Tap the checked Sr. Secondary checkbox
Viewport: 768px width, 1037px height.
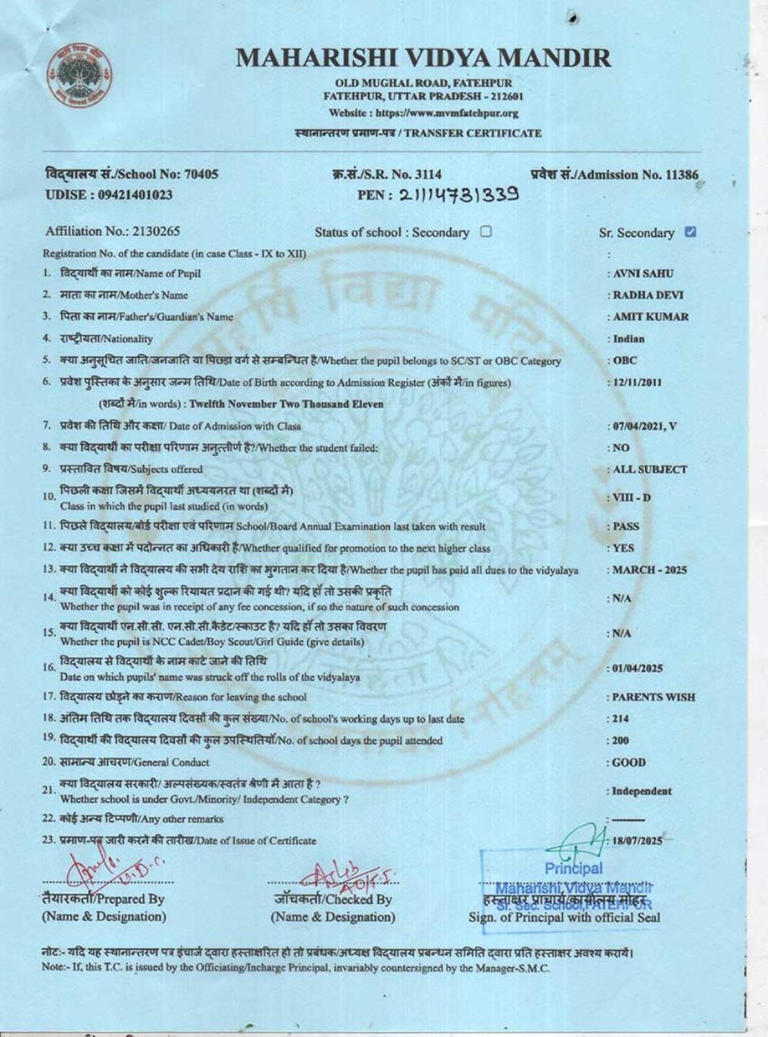click(x=690, y=232)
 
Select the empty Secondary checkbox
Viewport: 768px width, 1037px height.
click(x=485, y=231)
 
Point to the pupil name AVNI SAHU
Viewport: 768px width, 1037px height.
click(x=643, y=273)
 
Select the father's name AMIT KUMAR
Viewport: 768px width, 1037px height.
click(x=650, y=316)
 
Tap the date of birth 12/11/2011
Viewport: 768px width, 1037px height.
click(x=637, y=383)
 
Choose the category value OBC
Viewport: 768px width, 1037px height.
click(x=625, y=360)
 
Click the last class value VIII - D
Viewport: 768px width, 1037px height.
click(x=631, y=498)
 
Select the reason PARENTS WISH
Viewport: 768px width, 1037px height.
click(x=653, y=697)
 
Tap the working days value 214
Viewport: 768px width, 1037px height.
click(x=621, y=719)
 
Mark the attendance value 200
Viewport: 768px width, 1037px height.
click(x=621, y=740)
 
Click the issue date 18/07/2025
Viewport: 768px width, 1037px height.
click(x=637, y=840)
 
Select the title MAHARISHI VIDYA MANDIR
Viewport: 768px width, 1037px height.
click(x=423, y=58)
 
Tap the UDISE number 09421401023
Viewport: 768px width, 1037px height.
click(x=108, y=195)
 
